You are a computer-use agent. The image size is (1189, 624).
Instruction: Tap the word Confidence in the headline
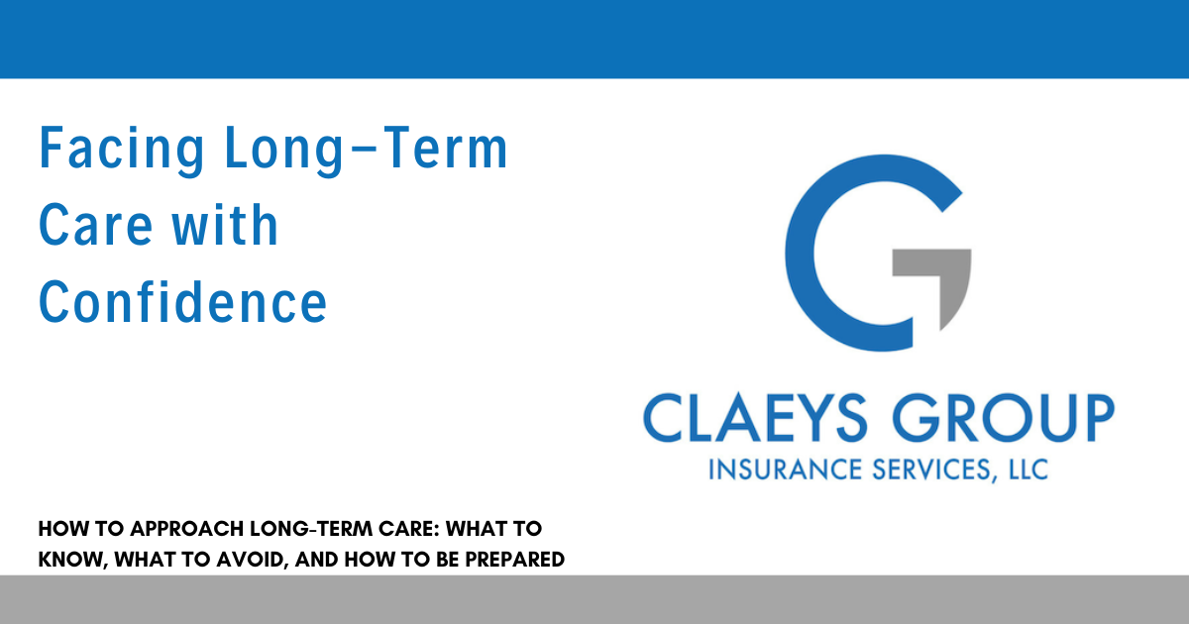click(x=182, y=301)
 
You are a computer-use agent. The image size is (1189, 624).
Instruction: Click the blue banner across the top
click(x=594, y=39)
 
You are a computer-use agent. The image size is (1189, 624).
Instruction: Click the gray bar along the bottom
click(x=594, y=599)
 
